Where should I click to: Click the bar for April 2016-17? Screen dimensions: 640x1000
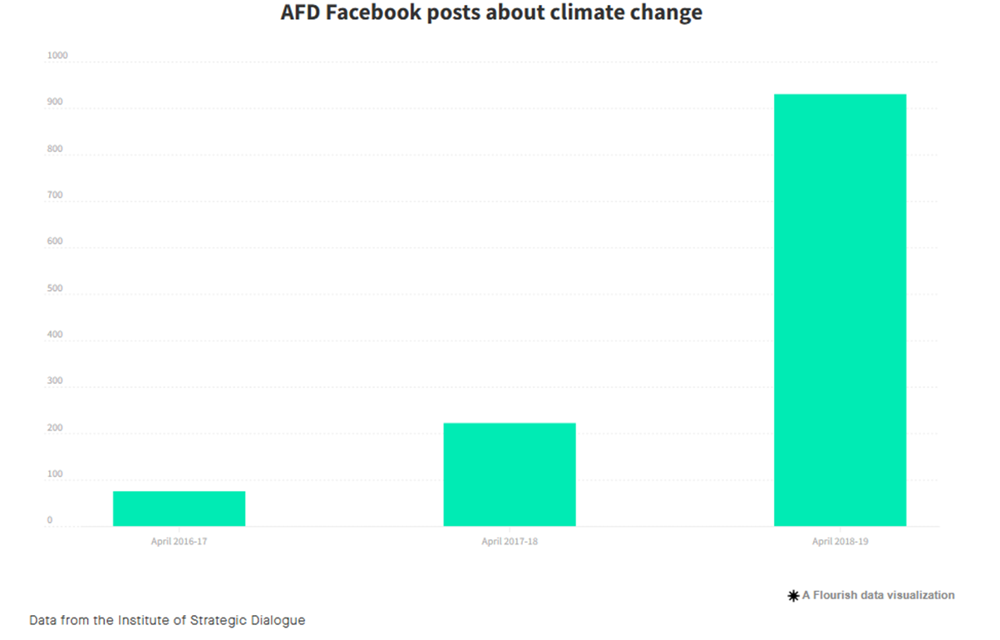pyautogui.click(x=179, y=509)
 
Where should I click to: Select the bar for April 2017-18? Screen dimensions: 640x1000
pyautogui.click(x=509, y=475)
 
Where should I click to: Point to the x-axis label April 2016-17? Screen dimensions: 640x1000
pyautogui.click(x=179, y=541)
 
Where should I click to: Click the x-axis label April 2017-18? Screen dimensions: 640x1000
pyautogui.click(x=510, y=541)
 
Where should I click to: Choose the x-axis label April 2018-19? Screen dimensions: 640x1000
pyautogui.click(x=840, y=541)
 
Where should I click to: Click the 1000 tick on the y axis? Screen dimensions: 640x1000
pyautogui.click(x=57, y=56)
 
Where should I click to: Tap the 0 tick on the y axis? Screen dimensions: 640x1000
pyautogui.click(x=50, y=520)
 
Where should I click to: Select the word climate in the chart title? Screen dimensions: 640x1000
pyautogui.click(x=585, y=13)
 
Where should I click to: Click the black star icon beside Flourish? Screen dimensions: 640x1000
pyautogui.click(x=793, y=596)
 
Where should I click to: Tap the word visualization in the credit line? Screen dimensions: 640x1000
pyautogui.click(x=919, y=595)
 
